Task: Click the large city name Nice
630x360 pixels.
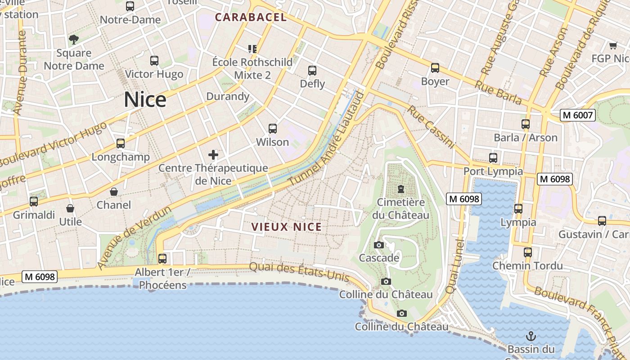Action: point(145,99)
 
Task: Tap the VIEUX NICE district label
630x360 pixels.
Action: point(287,227)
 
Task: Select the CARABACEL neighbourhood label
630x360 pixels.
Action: point(251,18)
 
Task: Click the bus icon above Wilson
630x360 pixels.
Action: point(273,129)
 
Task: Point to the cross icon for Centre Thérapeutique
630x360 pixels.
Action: point(213,155)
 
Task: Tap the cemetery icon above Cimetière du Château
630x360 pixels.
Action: point(400,189)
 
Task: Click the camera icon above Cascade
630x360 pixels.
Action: point(379,245)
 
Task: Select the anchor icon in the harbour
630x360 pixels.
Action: point(531,336)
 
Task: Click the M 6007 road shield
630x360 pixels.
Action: point(578,116)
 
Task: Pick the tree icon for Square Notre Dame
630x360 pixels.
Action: point(74,40)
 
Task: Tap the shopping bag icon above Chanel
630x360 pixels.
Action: point(114,192)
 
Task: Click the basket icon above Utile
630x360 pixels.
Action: point(70,208)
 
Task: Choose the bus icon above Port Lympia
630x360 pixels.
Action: point(493,158)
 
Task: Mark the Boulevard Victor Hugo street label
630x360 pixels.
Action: point(54,143)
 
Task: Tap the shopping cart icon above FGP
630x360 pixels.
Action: point(613,45)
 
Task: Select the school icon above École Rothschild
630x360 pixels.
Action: point(252,49)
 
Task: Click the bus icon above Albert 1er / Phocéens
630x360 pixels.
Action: point(162,259)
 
